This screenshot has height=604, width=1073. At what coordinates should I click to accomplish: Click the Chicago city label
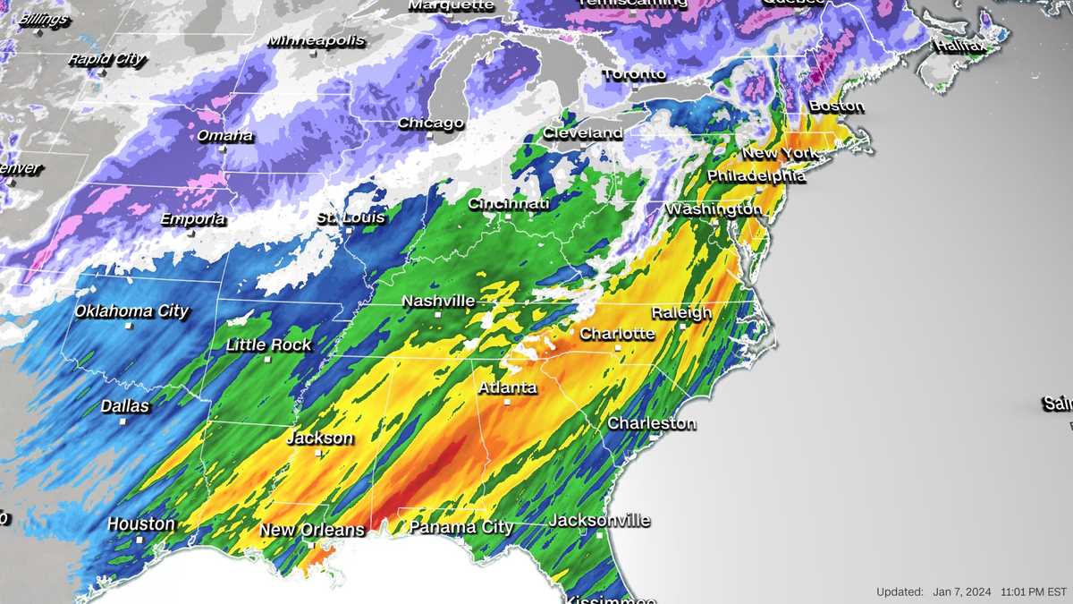(431, 123)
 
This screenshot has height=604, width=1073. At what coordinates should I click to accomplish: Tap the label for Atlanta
(508, 388)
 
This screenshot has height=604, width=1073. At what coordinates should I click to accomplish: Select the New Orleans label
(312, 530)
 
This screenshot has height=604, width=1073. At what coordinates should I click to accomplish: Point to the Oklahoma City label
(131, 311)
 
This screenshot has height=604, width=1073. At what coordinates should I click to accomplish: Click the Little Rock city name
(268, 345)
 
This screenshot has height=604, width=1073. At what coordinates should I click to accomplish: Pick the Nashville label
(438, 302)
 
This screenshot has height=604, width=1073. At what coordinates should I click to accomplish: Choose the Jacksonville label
(599, 520)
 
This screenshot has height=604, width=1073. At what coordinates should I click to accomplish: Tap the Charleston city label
(651, 423)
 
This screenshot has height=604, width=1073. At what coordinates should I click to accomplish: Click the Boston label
(836, 106)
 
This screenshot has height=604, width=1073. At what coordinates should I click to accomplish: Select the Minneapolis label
(317, 41)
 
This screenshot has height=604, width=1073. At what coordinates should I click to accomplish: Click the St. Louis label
(351, 217)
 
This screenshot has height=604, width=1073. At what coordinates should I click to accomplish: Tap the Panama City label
(461, 527)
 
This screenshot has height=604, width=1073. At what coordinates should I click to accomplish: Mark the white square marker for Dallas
(123, 423)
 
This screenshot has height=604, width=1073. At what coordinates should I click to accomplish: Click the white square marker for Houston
(139, 540)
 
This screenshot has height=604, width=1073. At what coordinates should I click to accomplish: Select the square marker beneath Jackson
(318, 454)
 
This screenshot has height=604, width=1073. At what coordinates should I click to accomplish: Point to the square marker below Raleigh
(682, 327)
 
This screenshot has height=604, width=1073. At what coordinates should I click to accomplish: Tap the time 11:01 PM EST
(1035, 592)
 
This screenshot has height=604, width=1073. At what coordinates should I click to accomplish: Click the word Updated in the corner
(900, 592)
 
